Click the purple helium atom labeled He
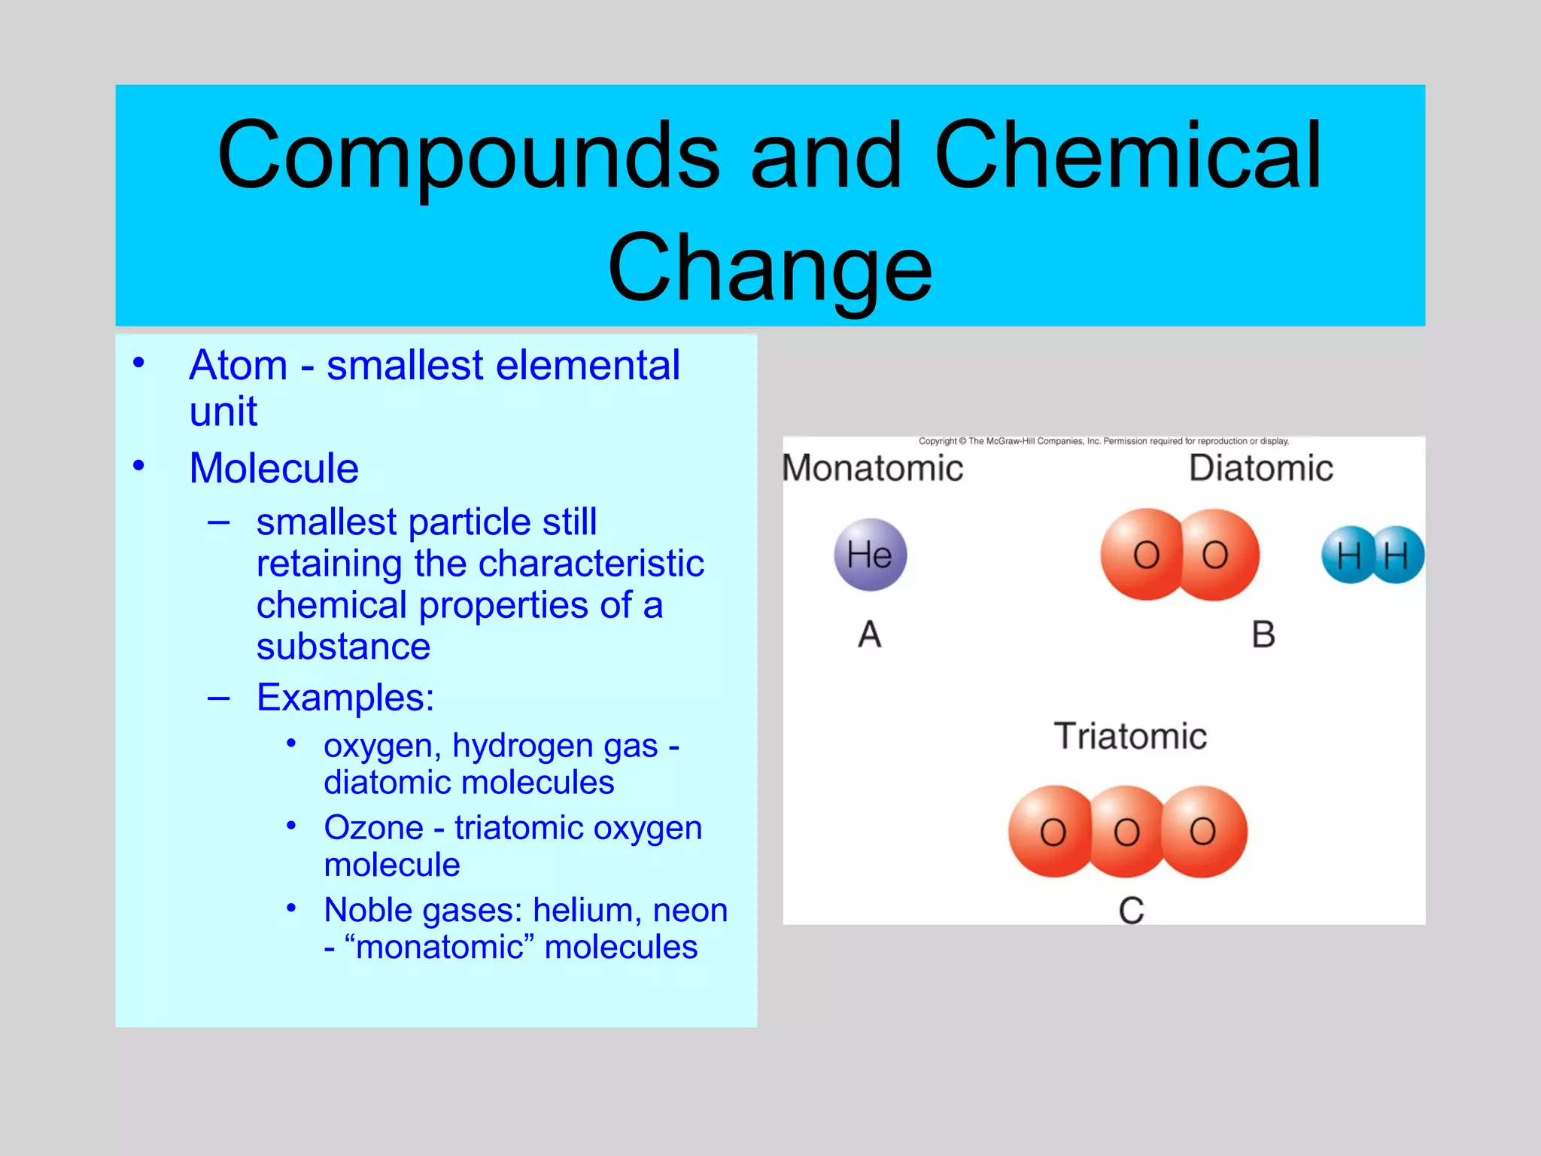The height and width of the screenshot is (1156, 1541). [871, 555]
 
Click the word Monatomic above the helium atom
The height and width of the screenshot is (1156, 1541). [873, 468]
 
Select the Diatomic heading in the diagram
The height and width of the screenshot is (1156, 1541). [1261, 468]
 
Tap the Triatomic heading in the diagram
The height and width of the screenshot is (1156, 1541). [1130, 736]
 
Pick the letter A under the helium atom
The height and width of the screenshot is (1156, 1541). [870, 634]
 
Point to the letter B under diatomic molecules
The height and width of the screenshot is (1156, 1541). [1263, 634]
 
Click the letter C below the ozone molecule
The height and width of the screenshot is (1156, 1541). [1131, 911]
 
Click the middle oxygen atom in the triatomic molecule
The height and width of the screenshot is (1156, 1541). [1126, 832]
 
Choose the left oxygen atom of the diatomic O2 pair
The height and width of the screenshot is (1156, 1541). [1144, 555]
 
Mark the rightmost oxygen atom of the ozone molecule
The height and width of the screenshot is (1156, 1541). [1204, 831]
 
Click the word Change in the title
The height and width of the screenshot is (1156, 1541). [770, 267]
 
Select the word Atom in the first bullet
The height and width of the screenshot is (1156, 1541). [238, 366]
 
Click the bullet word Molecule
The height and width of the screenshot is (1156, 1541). [274, 468]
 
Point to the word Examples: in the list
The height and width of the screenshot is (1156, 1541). [345, 697]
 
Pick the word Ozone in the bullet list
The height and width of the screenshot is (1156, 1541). [373, 828]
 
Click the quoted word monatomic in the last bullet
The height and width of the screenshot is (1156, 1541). [439, 947]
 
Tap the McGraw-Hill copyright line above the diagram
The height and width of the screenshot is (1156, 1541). [1103, 441]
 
